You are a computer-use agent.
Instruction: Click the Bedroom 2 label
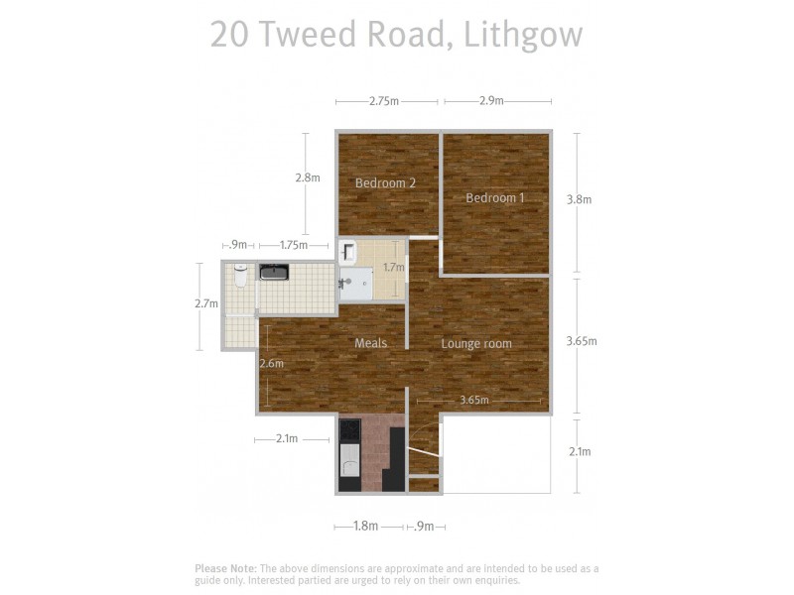pyautogui.click(x=385, y=182)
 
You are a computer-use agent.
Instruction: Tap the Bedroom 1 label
pyautogui.click(x=495, y=197)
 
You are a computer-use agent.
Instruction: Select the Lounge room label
pyautogui.click(x=476, y=344)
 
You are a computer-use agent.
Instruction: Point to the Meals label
pyautogui.click(x=370, y=343)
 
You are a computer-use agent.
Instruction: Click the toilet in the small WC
pyautogui.click(x=240, y=275)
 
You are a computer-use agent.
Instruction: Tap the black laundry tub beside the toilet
pyautogui.click(x=274, y=272)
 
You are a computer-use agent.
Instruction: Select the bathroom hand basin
pyautogui.click(x=348, y=251)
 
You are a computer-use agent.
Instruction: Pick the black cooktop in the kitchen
pyautogui.click(x=349, y=430)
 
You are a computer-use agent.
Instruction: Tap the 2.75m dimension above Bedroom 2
pyautogui.click(x=384, y=101)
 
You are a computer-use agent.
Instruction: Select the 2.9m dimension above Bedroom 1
pyautogui.click(x=491, y=101)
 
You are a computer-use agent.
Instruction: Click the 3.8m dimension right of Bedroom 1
pyautogui.click(x=579, y=199)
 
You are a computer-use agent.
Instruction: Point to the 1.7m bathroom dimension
pyautogui.click(x=394, y=267)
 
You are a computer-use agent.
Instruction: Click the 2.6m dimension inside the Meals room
pyautogui.click(x=271, y=364)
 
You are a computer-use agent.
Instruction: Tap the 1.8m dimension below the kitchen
pyautogui.click(x=365, y=527)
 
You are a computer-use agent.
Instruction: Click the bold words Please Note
pyautogui.click(x=225, y=568)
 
